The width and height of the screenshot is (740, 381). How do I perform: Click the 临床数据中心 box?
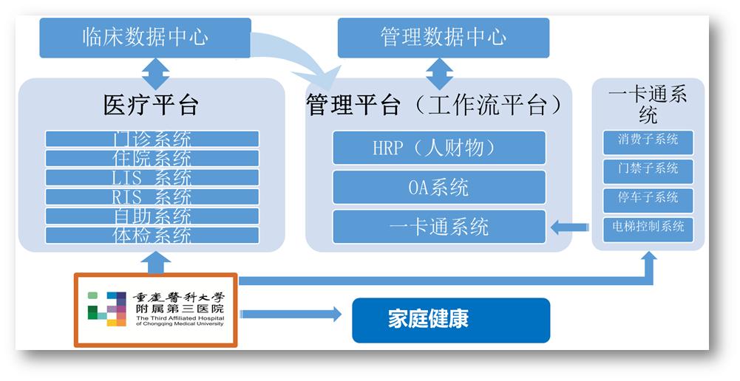tap(145, 38)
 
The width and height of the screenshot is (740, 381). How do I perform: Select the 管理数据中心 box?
tap(443, 38)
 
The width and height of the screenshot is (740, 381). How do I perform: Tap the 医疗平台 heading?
tap(151, 104)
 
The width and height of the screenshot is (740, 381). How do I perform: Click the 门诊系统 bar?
tap(152, 139)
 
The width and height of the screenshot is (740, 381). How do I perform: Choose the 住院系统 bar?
tap(152, 158)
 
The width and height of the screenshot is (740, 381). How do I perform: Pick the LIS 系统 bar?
tap(152, 177)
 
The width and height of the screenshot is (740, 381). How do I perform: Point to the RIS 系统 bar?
tap(152, 196)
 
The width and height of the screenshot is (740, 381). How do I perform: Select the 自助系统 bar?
tap(152, 216)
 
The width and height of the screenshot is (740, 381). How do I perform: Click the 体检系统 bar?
tap(152, 235)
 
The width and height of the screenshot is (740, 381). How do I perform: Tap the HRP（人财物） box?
tap(438, 148)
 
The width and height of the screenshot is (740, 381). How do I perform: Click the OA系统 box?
tap(438, 187)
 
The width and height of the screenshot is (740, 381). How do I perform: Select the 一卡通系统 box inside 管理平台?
tap(438, 226)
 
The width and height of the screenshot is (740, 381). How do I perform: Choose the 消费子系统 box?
tap(648, 140)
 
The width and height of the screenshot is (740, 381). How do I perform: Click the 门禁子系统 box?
tap(648, 169)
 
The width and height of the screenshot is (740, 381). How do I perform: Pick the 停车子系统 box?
tap(648, 198)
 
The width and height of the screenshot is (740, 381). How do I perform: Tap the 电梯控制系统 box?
tap(648, 227)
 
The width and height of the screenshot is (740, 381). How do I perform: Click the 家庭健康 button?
tap(450, 320)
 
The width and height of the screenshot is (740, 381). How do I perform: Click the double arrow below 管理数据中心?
tap(440, 75)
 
